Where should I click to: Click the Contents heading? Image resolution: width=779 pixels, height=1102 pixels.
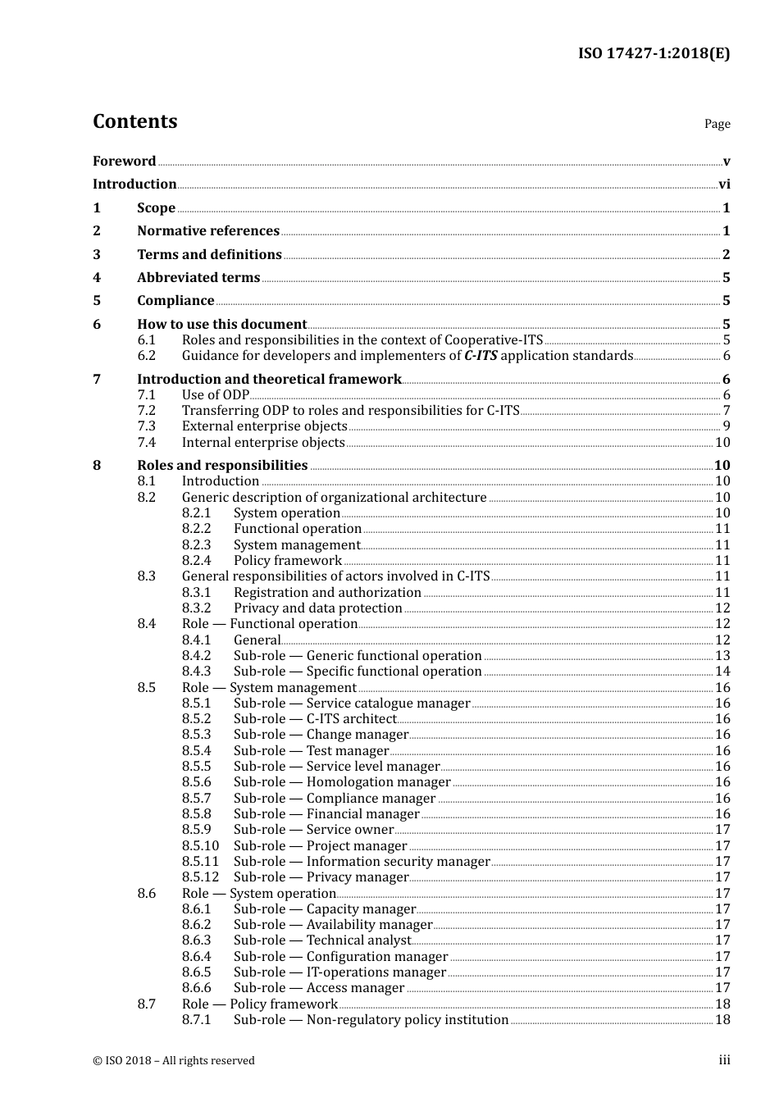134,121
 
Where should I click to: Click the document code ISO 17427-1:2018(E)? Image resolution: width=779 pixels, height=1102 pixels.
654,53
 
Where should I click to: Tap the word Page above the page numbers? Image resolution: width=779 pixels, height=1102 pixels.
717,124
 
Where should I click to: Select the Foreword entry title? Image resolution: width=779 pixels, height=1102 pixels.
124,162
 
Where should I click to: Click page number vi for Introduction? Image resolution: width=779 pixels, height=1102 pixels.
724,184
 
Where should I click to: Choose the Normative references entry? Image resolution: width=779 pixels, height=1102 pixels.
208,231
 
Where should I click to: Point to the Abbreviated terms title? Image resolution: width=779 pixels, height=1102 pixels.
198,278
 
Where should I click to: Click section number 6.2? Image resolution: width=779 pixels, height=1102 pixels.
146,356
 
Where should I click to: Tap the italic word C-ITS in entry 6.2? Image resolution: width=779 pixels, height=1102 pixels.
481,356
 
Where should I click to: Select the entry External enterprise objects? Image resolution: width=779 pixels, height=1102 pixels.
264,426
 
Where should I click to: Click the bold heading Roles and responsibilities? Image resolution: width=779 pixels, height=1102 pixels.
222,466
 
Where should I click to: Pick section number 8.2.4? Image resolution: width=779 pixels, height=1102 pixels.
196,561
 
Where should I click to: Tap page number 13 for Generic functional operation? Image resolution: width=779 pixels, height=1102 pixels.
722,656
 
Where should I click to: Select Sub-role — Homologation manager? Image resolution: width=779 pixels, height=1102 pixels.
342,782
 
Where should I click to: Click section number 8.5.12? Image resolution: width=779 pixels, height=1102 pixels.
200,877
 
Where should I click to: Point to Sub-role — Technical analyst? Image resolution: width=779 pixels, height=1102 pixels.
322,940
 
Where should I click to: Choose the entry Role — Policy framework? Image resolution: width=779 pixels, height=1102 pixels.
259,1004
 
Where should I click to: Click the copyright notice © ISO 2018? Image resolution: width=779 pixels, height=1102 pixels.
173,1061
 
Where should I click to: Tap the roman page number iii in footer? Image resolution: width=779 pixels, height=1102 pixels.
724,1060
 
